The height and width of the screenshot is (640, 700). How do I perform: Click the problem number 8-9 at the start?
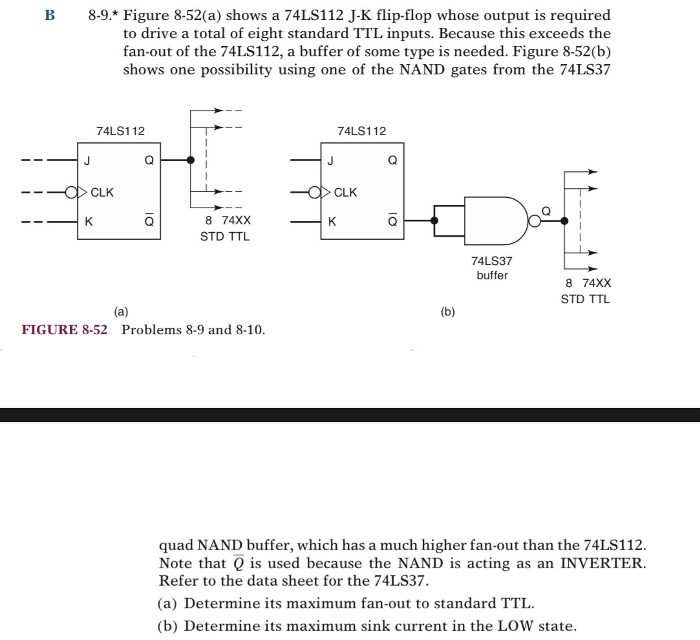102,16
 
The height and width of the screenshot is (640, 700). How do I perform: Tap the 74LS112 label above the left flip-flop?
121,131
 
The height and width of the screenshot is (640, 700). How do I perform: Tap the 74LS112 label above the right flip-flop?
362,131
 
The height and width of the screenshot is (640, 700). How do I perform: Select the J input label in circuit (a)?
86,160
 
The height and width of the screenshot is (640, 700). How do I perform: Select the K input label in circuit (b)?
332,222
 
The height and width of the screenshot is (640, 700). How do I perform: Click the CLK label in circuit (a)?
102,192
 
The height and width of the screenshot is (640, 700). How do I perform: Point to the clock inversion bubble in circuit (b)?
314,192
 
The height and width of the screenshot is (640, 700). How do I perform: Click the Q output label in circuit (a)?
149,160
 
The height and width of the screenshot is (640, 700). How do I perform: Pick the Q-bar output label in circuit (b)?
392,220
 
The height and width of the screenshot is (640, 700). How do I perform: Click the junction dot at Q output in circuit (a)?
190,160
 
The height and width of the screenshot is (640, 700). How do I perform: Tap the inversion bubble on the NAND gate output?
534,221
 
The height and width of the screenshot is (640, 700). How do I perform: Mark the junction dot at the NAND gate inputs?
435,220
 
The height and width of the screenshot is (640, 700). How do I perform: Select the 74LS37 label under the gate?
493,261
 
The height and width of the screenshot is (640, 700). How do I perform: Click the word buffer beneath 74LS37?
493,275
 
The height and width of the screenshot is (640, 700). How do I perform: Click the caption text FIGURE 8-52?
65,330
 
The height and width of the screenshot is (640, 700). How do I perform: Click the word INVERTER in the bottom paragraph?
602,562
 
